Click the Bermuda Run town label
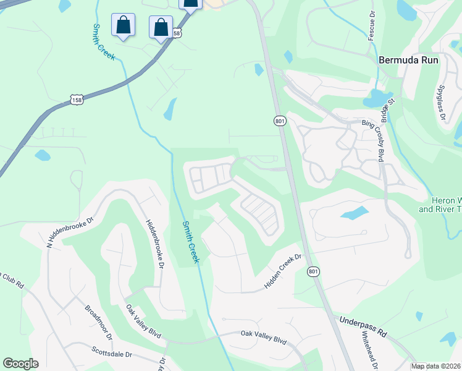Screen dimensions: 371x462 coord(408,61)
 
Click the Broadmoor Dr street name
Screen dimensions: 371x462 coord(98,322)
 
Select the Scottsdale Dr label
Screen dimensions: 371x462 coord(112,355)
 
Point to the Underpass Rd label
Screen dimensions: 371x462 coord(363,326)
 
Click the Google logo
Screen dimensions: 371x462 coord(20,364)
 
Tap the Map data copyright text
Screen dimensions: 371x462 coord(435,366)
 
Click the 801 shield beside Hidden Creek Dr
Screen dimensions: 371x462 coord(313,272)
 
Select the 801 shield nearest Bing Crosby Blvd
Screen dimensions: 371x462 coord(280,121)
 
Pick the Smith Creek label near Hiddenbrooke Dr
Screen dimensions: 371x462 coord(190,242)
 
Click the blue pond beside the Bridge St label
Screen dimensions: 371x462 coord(374,98)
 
